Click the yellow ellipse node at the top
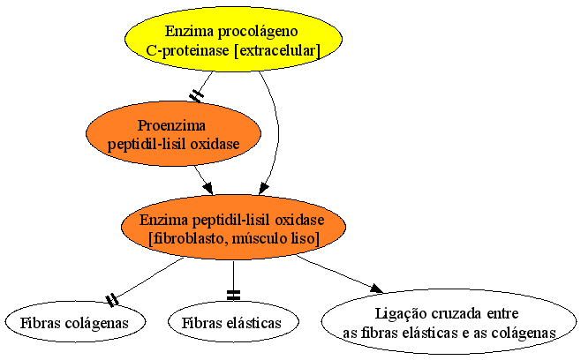[x=233, y=39]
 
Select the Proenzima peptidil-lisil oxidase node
[x=173, y=133]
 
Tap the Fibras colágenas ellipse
[x=75, y=321]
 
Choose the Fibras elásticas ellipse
[x=233, y=321]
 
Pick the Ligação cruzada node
[x=449, y=321]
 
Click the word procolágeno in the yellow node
[x=258, y=31]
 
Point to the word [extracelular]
[x=277, y=50]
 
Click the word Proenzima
[x=171, y=125]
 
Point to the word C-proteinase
[x=187, y=50]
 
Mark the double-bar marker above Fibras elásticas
[x=233, y=296]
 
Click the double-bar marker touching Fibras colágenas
[x=112, y=300]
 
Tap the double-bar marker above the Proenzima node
[x=196, y=96]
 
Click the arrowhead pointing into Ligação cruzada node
[x=376, y=289]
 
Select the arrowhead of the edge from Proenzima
[x=208, y=188]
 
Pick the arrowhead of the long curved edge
[x=263, y=189]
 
